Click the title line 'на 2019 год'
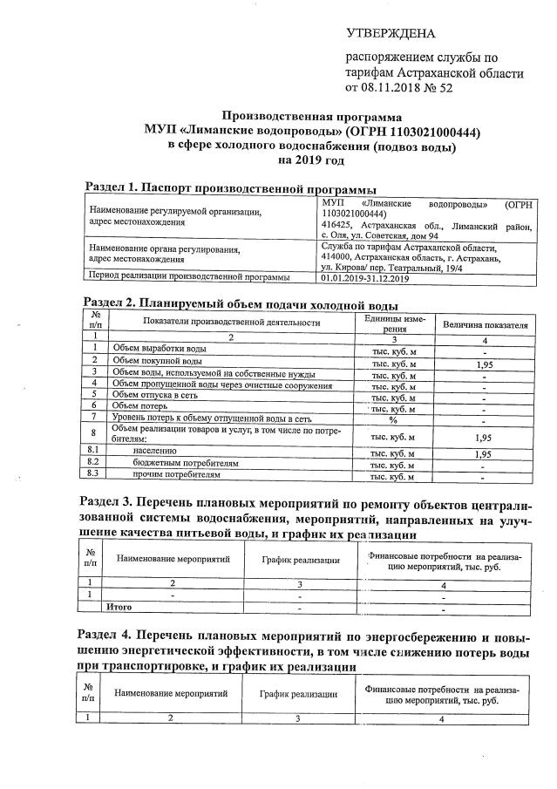pos(312,160)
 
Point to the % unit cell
pos(392,418)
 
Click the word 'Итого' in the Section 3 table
pos(119,606)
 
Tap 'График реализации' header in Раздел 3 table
pos(299,560)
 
